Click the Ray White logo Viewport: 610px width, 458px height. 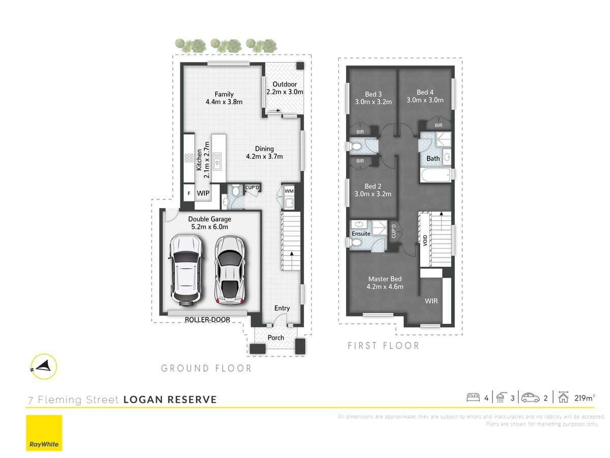(x=44, y=433)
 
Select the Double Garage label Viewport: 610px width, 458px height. (x=209, y=219)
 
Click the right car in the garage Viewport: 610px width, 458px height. (x=230, y=269)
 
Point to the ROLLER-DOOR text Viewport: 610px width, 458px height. (x=207, y=320)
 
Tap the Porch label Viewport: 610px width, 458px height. (x=276, y=337)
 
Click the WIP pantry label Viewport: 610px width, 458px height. (x=204, y=194)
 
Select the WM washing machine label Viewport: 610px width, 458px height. (x=289, y=191)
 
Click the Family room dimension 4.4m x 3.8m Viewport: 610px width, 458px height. (x=224, y=102)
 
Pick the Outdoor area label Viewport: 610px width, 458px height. (x=285, y=84)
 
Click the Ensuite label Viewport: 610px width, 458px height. (x=361, y=234)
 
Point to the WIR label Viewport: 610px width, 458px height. (x=431, y=301)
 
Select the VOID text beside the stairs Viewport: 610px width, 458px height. (x=424, y=240)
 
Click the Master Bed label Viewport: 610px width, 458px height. (x=385, y=279)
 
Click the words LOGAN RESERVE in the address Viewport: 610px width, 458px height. (x=170, y=399)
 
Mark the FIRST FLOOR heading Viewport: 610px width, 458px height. (x=383, y=346)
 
